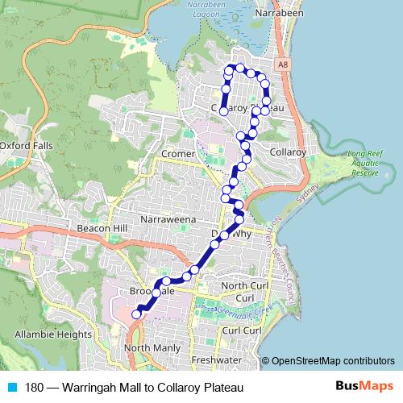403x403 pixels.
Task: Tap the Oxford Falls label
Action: (26, 146)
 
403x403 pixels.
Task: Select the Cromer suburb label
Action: (177, 153)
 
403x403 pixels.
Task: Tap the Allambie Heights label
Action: (53, 334)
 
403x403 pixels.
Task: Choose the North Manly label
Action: (152, 347)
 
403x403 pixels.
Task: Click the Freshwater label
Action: (218, 359)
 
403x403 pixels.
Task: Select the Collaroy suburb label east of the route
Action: (287, 151)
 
